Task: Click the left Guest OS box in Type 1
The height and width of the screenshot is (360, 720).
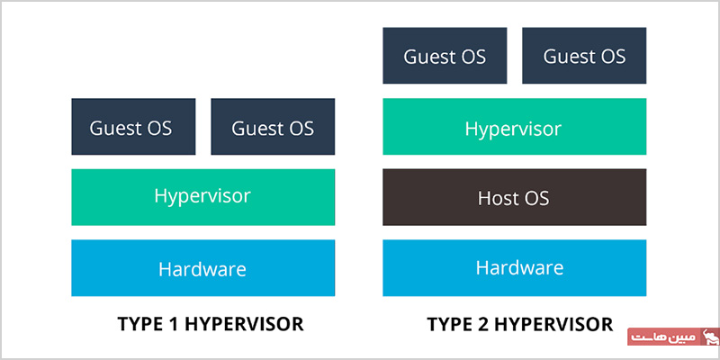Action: (x=133, y=126)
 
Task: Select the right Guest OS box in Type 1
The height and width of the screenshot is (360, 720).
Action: (x=273, y=126)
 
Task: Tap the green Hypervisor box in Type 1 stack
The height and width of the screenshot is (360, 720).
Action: (x=203, y=197)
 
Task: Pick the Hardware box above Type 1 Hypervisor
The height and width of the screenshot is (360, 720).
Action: (x=203, y=267)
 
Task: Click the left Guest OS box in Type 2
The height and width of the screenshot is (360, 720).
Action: (x=445, y=56)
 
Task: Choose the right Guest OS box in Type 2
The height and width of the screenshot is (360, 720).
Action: (x=584, y=56)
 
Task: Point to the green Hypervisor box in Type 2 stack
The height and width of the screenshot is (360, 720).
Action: (x=514, y=126)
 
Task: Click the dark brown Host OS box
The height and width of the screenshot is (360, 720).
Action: (x=514, y=197)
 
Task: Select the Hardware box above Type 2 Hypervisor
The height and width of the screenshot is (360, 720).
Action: (x=514, y=267)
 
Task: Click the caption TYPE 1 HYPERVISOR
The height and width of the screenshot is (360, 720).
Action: (x=211, y=324)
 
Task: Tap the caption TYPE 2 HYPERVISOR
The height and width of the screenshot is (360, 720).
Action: (x=520, y=324)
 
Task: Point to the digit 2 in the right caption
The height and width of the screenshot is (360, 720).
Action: (x=484, y=324)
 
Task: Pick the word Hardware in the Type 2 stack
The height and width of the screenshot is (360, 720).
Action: (x=519, y=267)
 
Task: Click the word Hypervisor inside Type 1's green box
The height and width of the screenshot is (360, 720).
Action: (x=202, y=196)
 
